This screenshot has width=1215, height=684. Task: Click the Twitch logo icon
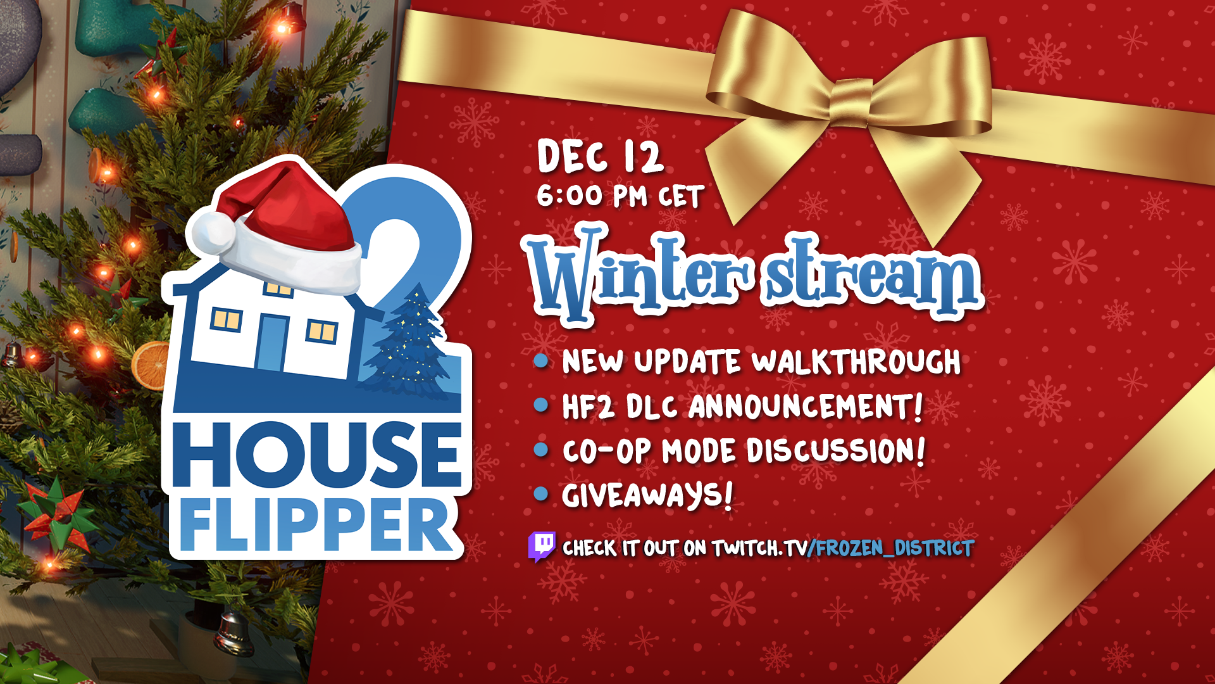[542, 547]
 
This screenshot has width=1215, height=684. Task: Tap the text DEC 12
[600, 156]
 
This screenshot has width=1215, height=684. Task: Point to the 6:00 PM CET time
[620, 196]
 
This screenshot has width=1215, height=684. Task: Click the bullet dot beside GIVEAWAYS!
[541, 493]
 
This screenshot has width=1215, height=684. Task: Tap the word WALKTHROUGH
[856, 362]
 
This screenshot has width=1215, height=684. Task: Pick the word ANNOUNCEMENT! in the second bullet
[806, 407]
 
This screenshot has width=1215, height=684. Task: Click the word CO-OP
[607, 452]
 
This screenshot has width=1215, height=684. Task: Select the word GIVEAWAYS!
[647, 495]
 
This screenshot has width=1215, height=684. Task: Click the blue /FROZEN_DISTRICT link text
[891, 548]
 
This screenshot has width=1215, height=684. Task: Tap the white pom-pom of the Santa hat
[213, 231]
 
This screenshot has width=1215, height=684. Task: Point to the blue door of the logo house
[271, 343]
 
